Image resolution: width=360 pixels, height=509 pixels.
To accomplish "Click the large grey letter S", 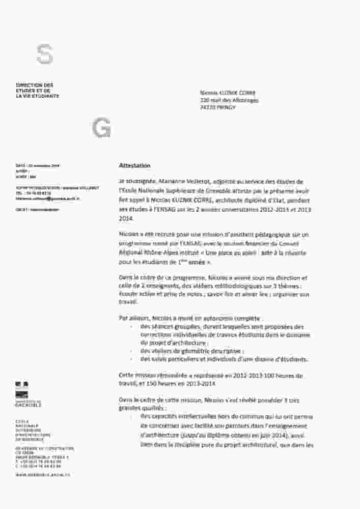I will tap(45, 54).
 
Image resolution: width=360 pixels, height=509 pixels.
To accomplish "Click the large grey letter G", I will tap(101, 129).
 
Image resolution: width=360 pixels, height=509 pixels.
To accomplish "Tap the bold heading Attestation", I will tap(134, 165).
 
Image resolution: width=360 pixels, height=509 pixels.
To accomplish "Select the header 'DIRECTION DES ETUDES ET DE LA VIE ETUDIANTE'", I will tap(37, 90).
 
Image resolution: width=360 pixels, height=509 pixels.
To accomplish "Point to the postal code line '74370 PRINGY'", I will tap(218, 108).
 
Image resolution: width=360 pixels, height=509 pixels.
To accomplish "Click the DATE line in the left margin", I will tap(38, 166).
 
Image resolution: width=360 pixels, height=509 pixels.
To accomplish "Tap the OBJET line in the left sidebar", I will tap(37, 209).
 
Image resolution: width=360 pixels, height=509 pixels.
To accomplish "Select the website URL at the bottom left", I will tap(42, 474).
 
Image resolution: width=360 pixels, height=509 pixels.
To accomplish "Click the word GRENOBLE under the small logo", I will tap(29, 406).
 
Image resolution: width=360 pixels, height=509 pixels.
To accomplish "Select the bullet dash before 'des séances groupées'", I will tap(132, 327).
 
